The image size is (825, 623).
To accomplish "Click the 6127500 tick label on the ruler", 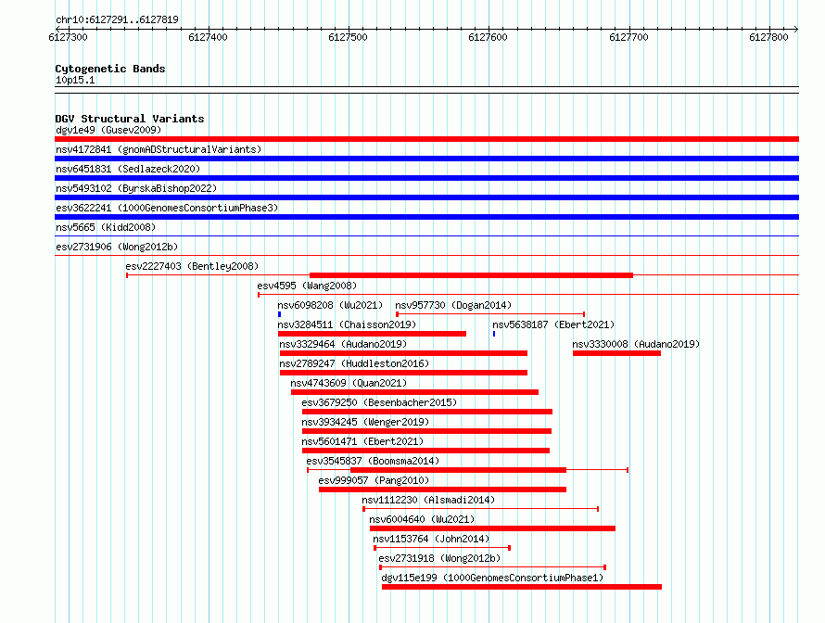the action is (348, 37).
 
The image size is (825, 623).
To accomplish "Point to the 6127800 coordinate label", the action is (768, 37).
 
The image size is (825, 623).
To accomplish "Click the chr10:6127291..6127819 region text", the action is (118, 19).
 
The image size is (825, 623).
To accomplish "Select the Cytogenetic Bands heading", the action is (110, 69).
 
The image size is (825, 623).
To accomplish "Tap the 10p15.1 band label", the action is (75, 80).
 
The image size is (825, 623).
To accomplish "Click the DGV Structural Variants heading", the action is (130, 119).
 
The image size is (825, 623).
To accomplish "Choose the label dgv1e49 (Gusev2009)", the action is (108, 130).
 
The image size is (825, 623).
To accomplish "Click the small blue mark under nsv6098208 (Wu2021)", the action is (279, 314).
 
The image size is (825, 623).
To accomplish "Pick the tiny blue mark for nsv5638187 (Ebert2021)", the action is (494, 334).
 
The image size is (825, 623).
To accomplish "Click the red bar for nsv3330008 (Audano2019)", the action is (616, 353).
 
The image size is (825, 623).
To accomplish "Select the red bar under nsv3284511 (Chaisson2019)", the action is (372, 334).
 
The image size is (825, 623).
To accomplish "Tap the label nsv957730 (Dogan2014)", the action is (453, 305).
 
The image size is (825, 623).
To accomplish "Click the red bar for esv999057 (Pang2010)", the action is (442, 489).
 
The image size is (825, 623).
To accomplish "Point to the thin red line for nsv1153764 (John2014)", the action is (442, 548).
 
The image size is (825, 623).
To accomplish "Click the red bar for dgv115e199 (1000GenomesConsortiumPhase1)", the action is (522, 587).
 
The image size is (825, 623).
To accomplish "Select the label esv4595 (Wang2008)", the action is (307, 286).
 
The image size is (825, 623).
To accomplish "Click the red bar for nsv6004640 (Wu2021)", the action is (492, 528).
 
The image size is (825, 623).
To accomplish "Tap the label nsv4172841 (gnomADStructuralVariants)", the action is (159, 149).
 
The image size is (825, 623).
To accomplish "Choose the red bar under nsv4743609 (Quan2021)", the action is (414, 392).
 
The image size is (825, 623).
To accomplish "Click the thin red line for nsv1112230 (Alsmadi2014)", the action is (481, 509).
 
